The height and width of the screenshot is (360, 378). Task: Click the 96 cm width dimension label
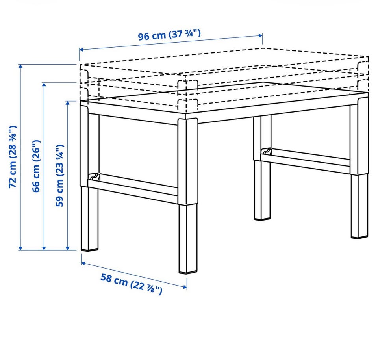[x=169, y=35]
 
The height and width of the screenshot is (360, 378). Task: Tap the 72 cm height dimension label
[x=13, y=157]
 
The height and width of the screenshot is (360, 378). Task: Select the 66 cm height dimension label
[x=36, y=166]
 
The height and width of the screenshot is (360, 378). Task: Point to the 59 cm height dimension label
[x=60, y=176]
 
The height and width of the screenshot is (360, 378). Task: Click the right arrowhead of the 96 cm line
[x=261, y=36]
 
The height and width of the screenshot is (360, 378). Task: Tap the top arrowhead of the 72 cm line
[x=21, y=66]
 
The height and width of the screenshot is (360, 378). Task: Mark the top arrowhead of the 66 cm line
[x=44, y=84]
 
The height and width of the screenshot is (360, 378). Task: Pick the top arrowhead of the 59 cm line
[x=68, y=103]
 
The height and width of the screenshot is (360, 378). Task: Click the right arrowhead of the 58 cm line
[x=185, y=287]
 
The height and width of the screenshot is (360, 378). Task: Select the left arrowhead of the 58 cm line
[x=83, y=263]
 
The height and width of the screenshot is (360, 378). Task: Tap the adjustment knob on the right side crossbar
[x=267, y=151]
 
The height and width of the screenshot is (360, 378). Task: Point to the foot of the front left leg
[x=90, y=250]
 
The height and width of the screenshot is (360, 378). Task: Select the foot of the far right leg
[x=359, y=238]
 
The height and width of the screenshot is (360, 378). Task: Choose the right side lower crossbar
[x=306, y=160]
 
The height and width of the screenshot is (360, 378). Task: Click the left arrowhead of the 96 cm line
[x=81, y=50]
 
